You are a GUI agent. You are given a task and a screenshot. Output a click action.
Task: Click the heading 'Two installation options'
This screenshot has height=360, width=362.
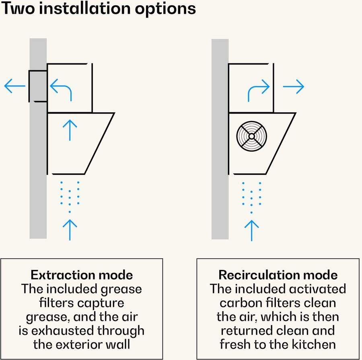(x=98, y=8)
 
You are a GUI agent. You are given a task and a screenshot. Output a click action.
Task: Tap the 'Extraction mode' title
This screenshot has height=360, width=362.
(x=82, y=275)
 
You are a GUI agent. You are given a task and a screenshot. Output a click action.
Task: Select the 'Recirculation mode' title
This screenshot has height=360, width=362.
(x=278, y=275)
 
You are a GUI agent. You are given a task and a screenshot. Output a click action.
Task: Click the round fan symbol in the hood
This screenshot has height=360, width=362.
(x=251, y=136)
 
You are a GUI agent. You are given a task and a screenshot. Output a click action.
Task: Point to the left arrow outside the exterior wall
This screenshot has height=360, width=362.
(x=14, y=86)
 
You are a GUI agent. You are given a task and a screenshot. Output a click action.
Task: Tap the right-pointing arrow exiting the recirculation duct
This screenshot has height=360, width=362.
(x=294, y=86)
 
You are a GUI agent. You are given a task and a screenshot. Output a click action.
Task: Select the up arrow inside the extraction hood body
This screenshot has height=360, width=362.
(x=70, y=130)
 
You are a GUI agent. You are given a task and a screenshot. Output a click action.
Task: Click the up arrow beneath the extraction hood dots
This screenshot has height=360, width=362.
(x=70, y=229)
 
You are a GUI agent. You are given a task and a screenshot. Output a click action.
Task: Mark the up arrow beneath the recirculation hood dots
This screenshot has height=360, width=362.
(x=252, y=229)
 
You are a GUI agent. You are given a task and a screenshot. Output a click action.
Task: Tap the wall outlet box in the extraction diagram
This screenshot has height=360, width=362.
(x=38, y=86)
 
